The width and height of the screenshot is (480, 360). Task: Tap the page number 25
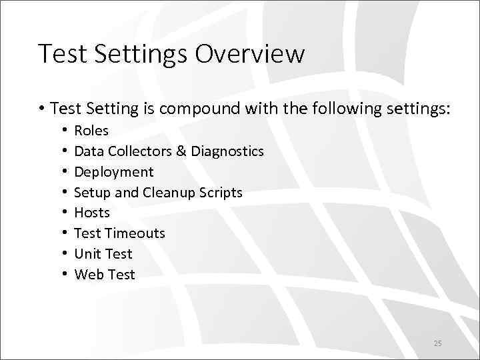coord(437,343)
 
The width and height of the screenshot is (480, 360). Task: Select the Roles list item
coord(91,131)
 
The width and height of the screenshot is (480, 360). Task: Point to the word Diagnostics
coord(227,151)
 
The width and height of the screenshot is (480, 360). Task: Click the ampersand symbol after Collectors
coord(181,151)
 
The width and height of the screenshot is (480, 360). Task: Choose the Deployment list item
coord(114,172)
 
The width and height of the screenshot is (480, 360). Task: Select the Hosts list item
coord(92,213)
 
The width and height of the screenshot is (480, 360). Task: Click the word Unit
coord(87,254)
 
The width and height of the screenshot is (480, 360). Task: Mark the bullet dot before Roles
coord(63,131)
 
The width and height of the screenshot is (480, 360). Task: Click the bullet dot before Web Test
coord(63,275)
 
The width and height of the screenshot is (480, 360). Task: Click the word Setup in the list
coord(91,193)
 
